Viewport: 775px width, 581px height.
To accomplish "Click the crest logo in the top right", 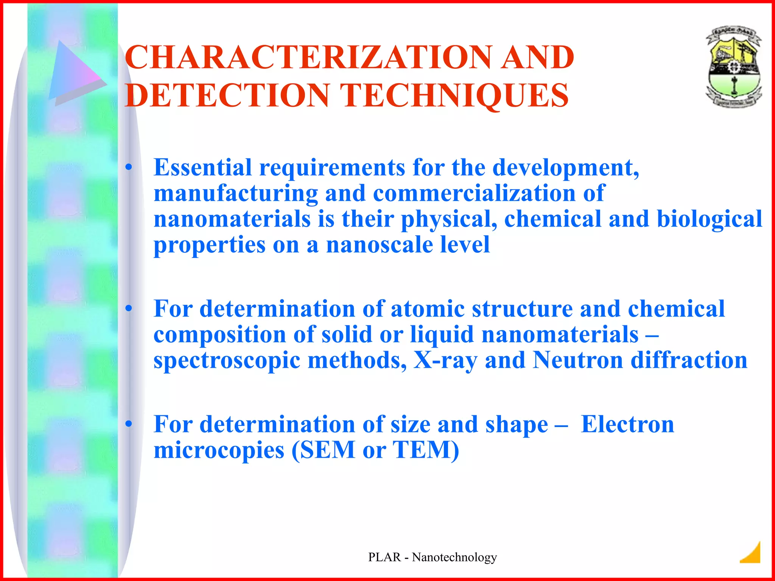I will [x=733, y=67].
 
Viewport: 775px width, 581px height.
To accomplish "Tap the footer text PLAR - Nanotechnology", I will [x=432, y=557].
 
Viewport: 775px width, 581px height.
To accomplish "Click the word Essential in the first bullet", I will [x=202, y=167].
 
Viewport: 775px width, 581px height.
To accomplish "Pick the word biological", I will [x=709, y=219].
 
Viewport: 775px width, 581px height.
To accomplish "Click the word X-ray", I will [x=445, y=360].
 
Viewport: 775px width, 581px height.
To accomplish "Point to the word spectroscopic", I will [x=227, y=361].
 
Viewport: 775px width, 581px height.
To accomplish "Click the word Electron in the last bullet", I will [x=627, y=424].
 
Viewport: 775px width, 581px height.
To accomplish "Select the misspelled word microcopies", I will [x=219, y=450].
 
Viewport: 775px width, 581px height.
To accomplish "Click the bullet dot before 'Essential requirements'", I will [x=129, y=167].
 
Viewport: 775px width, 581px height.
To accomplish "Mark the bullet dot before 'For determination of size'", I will [x=129, y=424].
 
